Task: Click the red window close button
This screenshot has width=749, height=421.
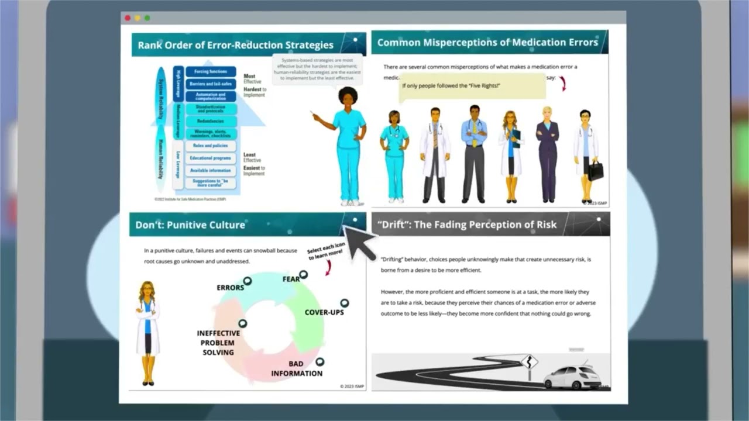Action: [128, 18]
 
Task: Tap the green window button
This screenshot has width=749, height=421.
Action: [147, 18]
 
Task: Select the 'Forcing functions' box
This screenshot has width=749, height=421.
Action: [211, 71]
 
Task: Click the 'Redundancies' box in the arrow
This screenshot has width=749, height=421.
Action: [211, 121]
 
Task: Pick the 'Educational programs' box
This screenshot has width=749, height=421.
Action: [211, 158]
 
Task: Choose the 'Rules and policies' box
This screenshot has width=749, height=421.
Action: [211, 146]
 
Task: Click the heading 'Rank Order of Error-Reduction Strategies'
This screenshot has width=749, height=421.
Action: [235, 45]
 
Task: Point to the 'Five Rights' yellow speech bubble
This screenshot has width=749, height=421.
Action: [473, 86]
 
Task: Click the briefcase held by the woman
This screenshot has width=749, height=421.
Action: [596, 171]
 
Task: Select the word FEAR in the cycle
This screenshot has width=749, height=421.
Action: [291, 279]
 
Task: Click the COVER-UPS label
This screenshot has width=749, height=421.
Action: [324, 312]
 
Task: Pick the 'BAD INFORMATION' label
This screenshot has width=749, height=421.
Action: [297, 368]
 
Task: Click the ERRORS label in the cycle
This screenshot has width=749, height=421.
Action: [230, 288]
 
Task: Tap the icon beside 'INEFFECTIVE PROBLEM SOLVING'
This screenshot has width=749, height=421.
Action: [242, 323]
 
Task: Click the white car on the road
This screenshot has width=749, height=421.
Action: [572, 377]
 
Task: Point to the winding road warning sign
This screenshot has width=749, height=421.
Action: [529, 361]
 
